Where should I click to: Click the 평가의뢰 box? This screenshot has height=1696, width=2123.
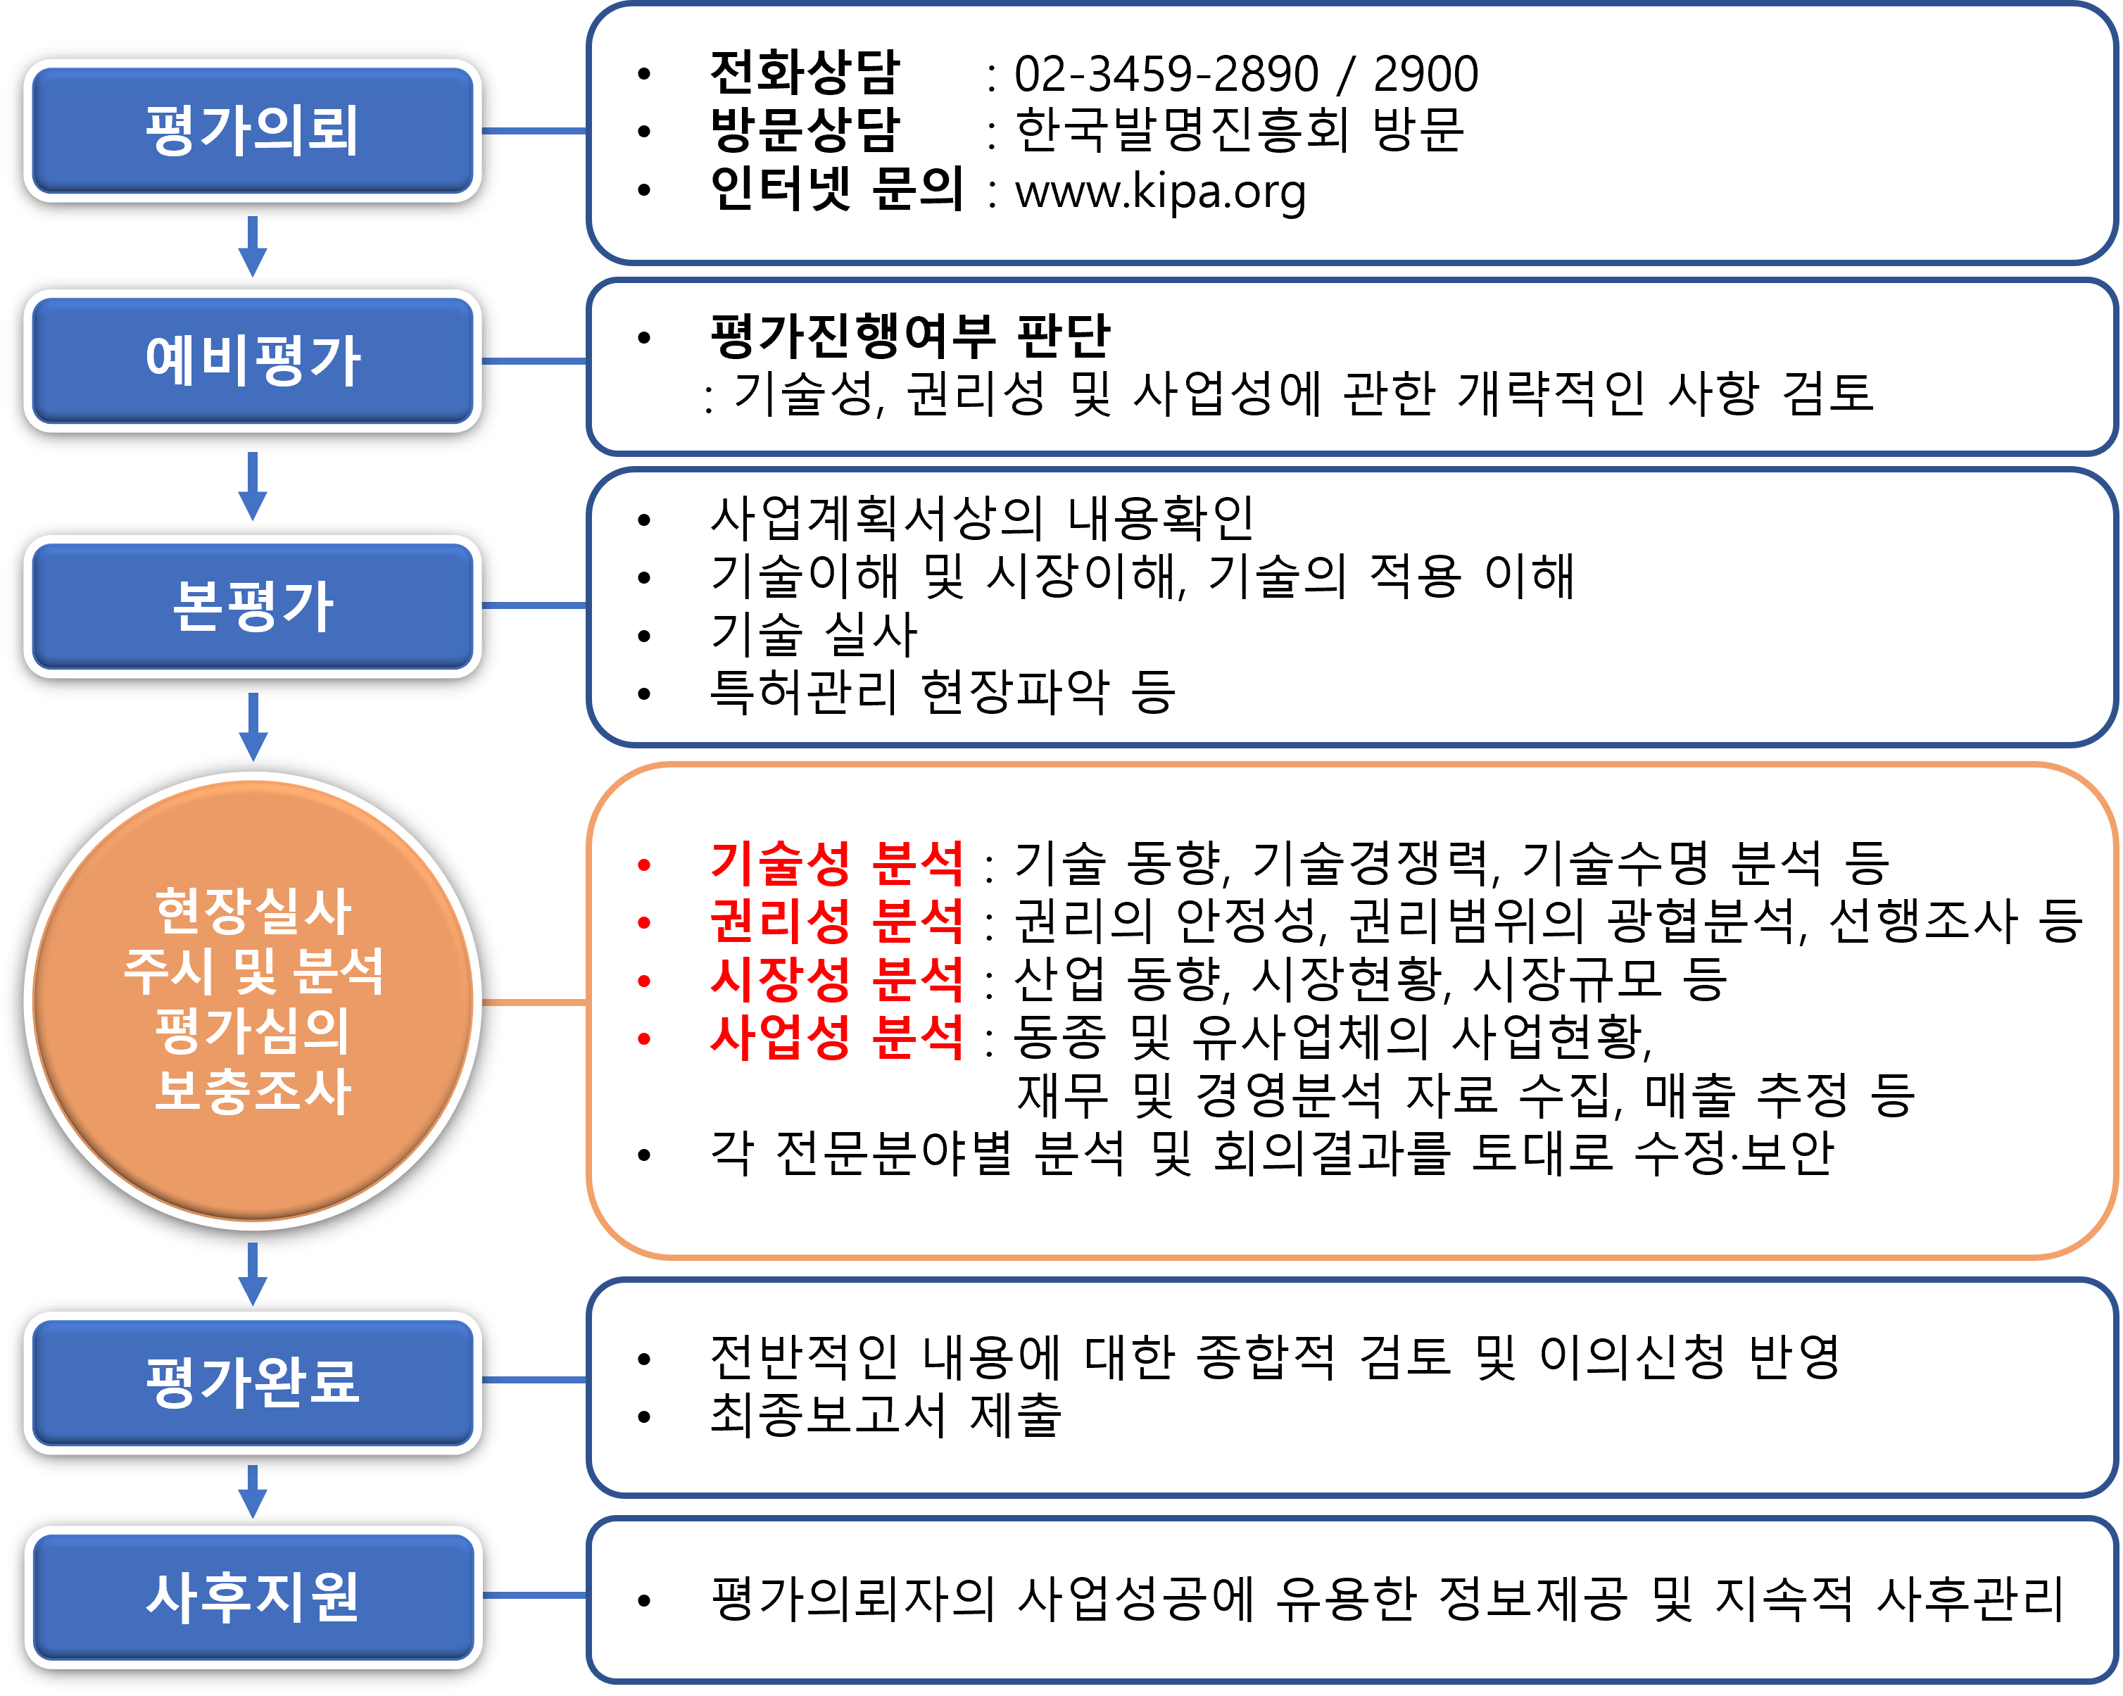tap(252, 131)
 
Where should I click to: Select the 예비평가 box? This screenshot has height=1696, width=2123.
tap(252, 360)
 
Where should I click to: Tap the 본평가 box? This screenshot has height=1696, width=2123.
tap(252, 605)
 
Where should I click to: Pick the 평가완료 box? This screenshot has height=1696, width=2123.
tap(252, 1382)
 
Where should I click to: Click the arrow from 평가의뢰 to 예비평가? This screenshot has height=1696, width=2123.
tap(253, 246)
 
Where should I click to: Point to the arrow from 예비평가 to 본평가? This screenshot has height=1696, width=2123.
tap(253, 486)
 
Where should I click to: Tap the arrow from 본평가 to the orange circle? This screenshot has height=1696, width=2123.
tap(253, 727)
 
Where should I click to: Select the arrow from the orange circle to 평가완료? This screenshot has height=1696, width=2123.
tap(253, 1274)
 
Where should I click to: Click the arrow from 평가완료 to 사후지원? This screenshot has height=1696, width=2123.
tap(253, 1491)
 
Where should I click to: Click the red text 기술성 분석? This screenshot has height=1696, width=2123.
tap(836, 864)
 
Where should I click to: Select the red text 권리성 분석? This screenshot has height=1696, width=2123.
tap(836, 921)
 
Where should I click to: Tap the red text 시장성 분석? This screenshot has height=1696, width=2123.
tap(836, 979)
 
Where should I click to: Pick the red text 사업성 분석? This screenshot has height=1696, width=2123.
tap(836, 1037)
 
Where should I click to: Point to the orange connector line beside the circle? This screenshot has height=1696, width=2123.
tap(535, 1003)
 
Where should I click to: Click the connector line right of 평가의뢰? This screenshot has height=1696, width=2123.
tap(535, 131)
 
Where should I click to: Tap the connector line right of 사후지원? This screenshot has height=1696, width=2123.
tap(535, 1595)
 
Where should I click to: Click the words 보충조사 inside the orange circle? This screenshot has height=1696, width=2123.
tap(253, 1091)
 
